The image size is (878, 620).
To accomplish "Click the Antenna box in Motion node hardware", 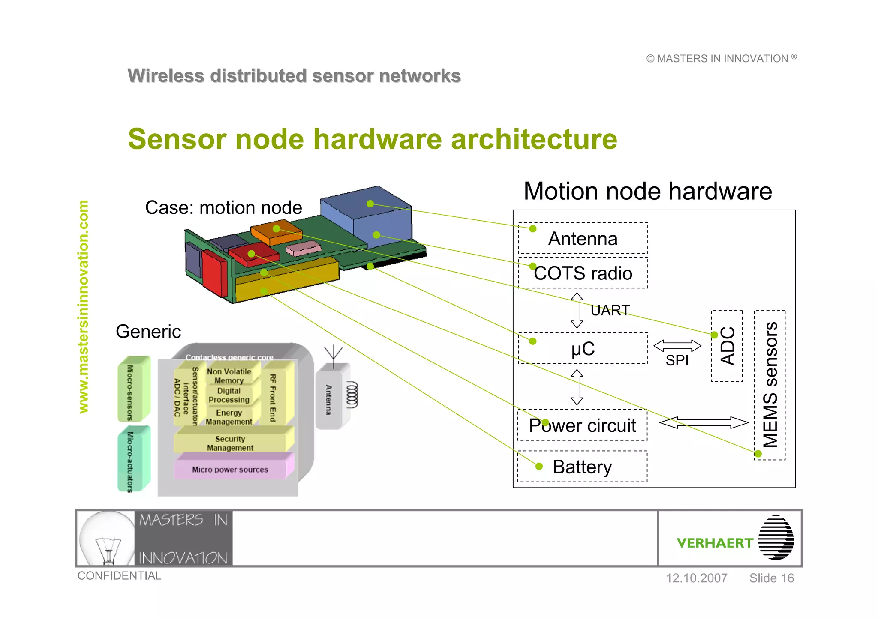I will (583, 238).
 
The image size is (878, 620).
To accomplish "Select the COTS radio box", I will (583, 273).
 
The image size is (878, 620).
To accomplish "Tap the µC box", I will (583, 348).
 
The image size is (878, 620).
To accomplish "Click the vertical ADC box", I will (727, 346).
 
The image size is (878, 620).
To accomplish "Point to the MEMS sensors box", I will (770, 385).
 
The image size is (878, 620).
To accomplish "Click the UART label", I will (610, 310).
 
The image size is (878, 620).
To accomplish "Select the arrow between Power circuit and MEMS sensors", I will (704, 422).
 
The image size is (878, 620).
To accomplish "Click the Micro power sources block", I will (230, 470).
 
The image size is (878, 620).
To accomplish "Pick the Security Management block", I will (230, 443).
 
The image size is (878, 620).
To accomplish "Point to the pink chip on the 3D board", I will (303, 248).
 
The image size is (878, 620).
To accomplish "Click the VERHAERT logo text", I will (715, 543).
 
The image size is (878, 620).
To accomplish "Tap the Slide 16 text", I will (771, 578).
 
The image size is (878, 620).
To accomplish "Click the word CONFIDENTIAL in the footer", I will (119, 575).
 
